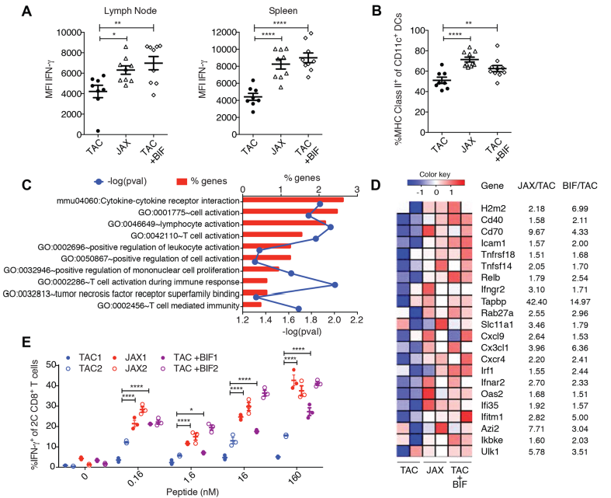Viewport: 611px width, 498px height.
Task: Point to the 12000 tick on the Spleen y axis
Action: (198, 33)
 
